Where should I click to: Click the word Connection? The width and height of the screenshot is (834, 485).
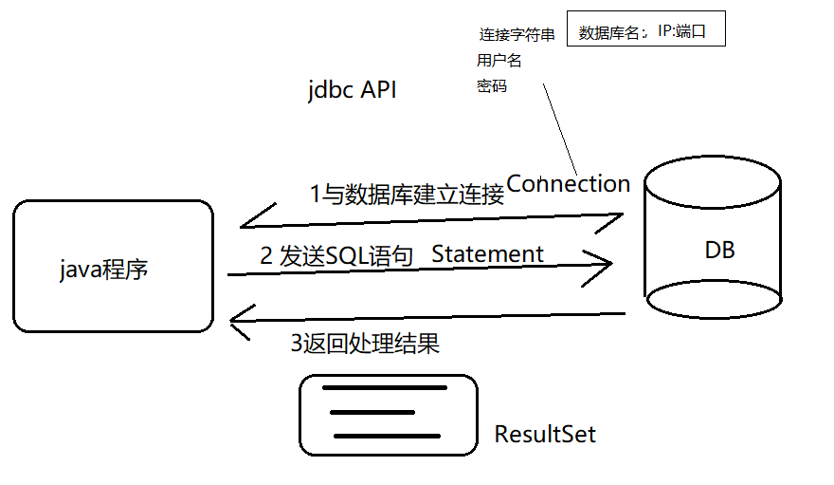pyautogui.click(x=569, y=183)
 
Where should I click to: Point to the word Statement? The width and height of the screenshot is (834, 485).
pyautogui.click(x=488, y=254)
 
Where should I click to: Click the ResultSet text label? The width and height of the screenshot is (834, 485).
pyautogui.click(x=545, y=435)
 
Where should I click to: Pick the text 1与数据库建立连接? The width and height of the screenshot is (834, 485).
pyautogui.click(x=407, y=194)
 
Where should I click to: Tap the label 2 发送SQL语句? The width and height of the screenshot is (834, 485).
pyautogui.click(x=336, y=256)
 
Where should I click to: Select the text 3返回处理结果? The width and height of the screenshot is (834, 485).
pyautogui.click(x=364, y=344)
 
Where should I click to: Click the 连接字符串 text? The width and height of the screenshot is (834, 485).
pyautogui.click(x=516, y=36)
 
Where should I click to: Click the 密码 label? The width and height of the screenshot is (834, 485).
pyautogui.click(x=492, y=86)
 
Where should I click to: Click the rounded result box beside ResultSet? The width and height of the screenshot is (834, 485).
pyautogui.click(x=388, y=415)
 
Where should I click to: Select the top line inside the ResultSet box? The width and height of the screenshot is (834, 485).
pyautogui.click(x=384, y=388)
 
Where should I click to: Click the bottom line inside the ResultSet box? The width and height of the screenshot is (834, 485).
pyautogui.click(x=389, y=437)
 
